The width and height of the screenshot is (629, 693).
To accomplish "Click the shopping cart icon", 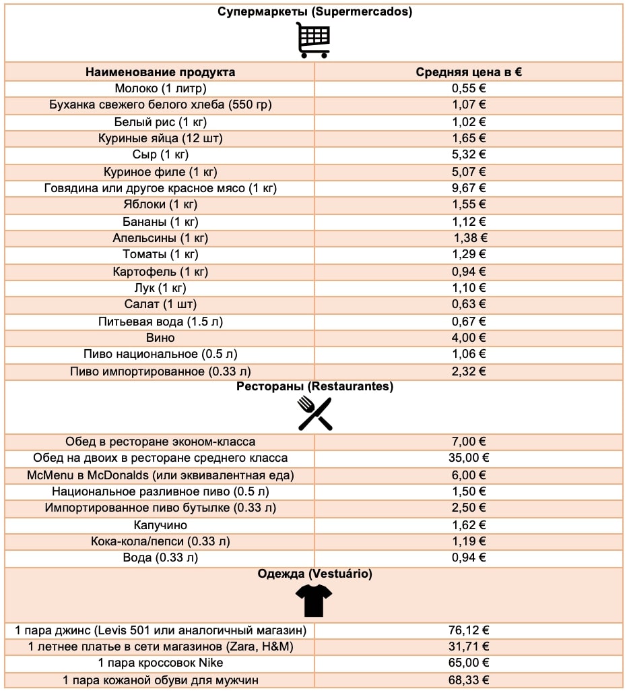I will tap(314, 40).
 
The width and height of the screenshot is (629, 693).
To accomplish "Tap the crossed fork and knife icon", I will tap(314, 413).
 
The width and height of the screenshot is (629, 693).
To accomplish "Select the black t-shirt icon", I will tap(314, 600).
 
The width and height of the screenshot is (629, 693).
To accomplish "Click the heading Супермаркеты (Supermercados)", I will tap(314, 11).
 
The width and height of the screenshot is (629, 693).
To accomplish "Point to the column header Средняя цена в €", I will tap(469, 72).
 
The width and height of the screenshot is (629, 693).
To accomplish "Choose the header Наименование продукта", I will tap(160, 72).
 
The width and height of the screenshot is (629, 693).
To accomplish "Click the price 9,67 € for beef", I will tap(469, 188).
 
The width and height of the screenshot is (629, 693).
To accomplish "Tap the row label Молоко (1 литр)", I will tap(160, 88).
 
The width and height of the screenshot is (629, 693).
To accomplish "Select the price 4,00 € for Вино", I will tap(469, 338).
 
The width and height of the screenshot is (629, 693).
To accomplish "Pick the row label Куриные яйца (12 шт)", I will tap(160, 138).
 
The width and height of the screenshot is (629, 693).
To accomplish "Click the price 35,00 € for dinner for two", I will tap(469, 458).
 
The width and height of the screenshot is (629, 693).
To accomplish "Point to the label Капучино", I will tap(160, 524).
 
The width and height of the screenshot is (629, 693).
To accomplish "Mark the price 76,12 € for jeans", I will tap(469, 630).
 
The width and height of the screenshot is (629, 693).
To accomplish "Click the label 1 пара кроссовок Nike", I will tap(160, 663).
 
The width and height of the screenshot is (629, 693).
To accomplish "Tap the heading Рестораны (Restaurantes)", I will tap(314, 387).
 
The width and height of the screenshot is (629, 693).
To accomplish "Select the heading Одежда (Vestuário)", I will tap(314, 574).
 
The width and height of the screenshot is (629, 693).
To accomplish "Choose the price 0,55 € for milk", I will tap(469, 88).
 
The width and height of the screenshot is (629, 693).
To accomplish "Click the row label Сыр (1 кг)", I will tap(160, 155).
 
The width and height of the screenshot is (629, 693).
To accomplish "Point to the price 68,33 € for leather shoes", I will tap(469, 680).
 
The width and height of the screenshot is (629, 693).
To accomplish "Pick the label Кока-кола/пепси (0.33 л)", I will tap(160, 541).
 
